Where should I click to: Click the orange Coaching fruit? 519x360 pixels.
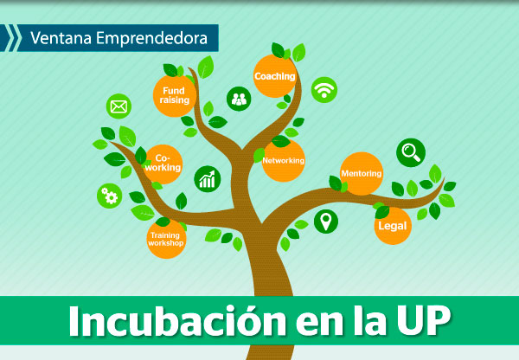(x=274, y=76)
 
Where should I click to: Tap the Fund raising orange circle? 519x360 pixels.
(x=175, y=96)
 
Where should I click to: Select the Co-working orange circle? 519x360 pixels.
(x=163, y=164)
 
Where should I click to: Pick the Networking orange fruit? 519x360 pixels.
(x=284, y=161)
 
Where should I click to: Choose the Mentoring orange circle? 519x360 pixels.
(x=362, y=174)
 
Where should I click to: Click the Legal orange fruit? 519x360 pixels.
(x=393, y=226)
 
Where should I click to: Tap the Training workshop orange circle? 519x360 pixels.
(x=166, y=239)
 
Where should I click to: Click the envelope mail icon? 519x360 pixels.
(x=119, y=106)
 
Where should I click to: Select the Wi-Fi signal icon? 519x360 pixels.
(x=324, y=90)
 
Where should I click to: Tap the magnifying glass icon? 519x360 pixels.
(x=411, y=152)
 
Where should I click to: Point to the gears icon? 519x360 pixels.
(x=110, y=196)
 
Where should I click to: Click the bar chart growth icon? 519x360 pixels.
(x=208, y=179)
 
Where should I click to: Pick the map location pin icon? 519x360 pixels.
(x=326, y=222)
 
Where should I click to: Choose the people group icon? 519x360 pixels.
(x=239, y=99)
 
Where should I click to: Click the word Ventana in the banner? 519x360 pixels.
(x=61, y=38)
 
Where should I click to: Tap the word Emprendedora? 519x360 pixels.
(x=152, y=38)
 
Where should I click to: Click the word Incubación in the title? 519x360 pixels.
(x=177, y=321)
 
